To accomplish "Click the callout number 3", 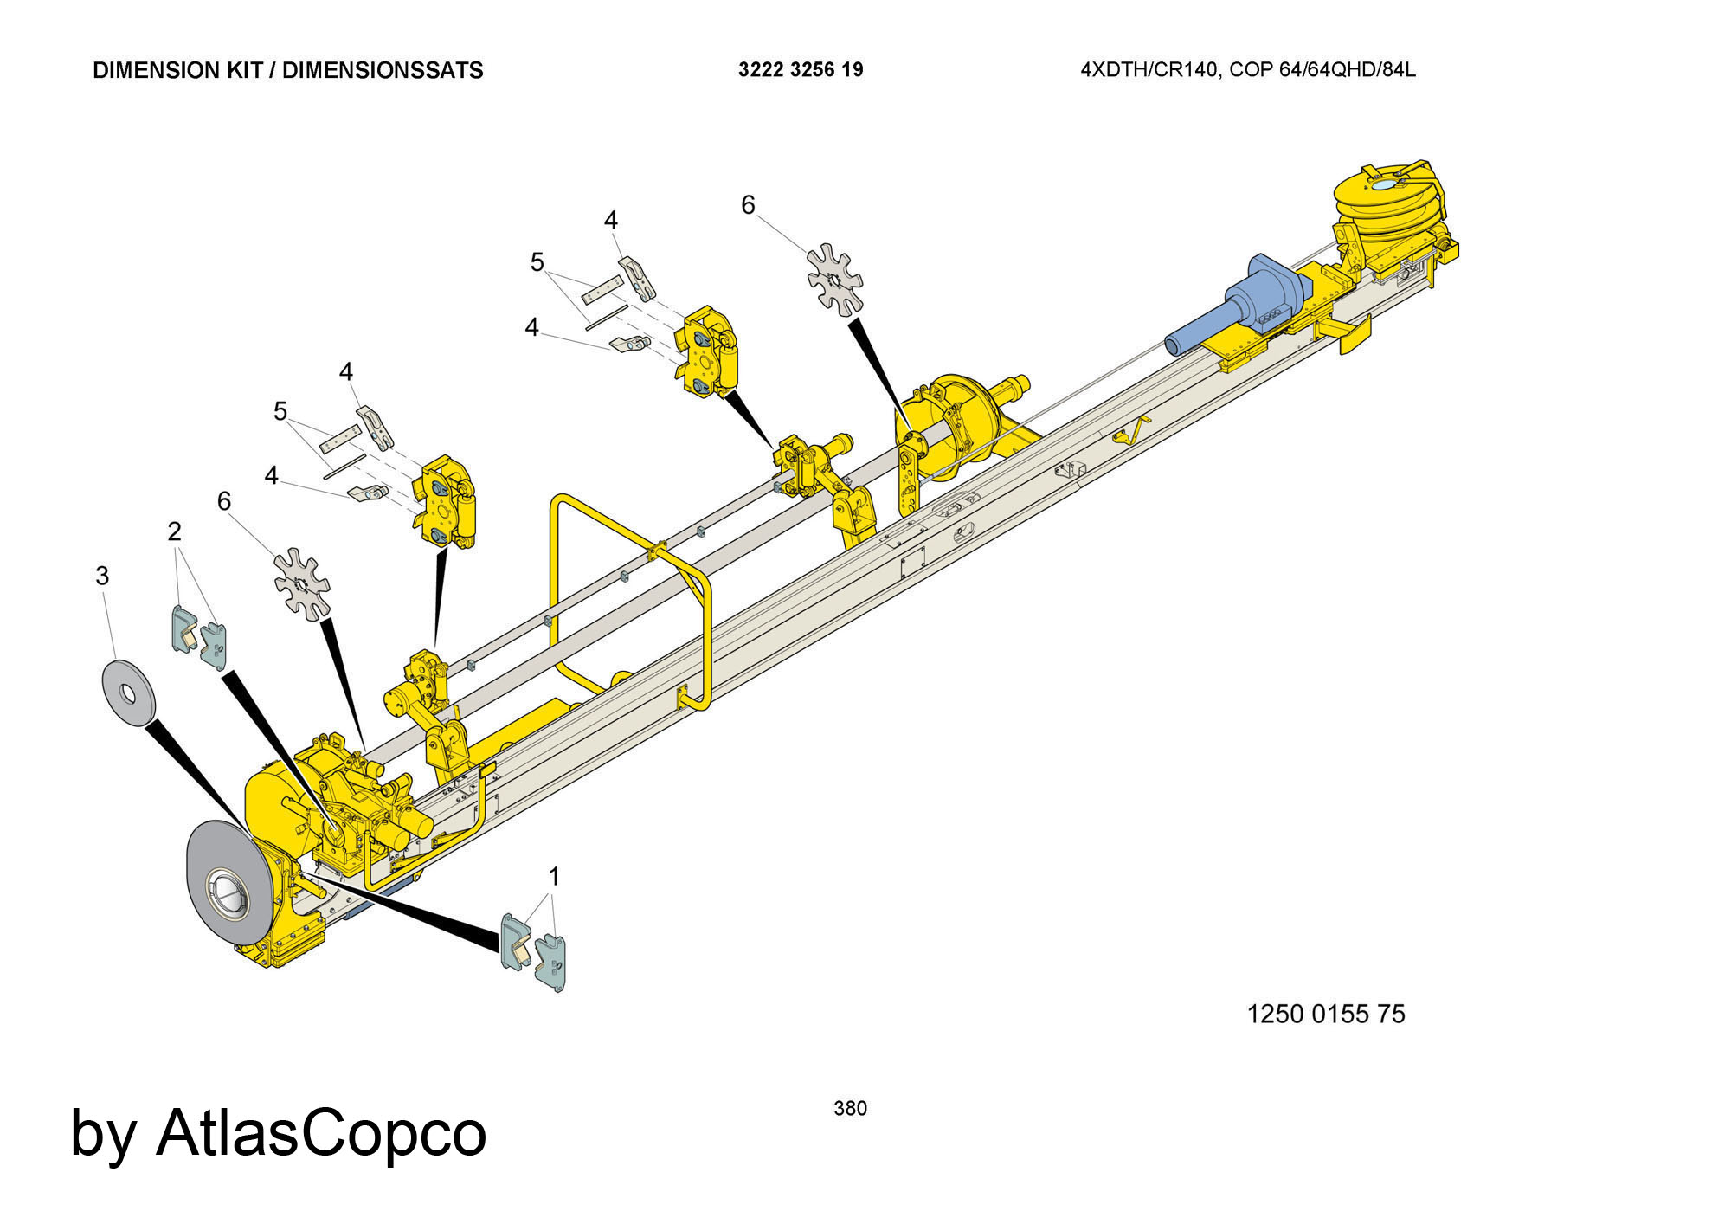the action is pyautogui.click(x=102, y=576).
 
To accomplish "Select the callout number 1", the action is pyautogui.click(x=554, y=877).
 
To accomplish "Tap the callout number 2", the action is pyautogui.click(x=175, y=531).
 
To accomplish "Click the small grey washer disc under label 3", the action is pyautogui.click(x=128, y=692).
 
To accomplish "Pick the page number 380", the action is pyautogui.click(x=850, y=1108).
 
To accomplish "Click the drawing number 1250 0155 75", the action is pyautogui.click(x=1326, y=1014).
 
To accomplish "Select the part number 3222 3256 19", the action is pyautogui.click(x=801, y=70).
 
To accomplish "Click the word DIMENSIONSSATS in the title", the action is pyautogui.click(x=383, y=71).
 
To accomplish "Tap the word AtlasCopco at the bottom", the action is pyautogui.click(x=321, y=1132).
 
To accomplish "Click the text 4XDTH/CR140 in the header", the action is pyautogui.click(x=1150, y=70).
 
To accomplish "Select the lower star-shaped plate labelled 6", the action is pyautogui.click(x=302, y=584).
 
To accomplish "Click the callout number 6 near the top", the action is pyautogui.click(x=748, y=205).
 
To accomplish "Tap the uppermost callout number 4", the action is pyautogui.click(x=611, y=221).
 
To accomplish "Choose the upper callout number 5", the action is pyautogui.click(x=537, y=261).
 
